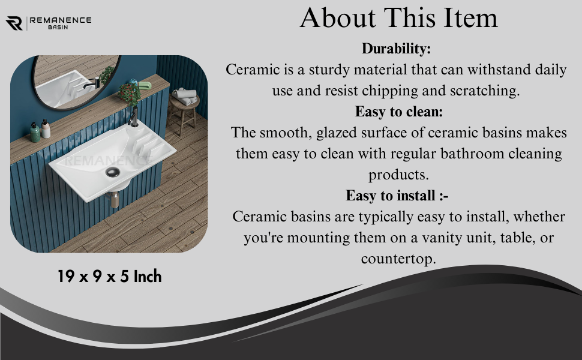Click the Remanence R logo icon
pyautogui.click(x=14, y=23)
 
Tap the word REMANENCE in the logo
pyautogui.click(x=61, y=20)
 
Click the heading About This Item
pyautogui.click(x=398, y=17)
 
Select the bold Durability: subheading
pyautogui.click(x=396, y=49)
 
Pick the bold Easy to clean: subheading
pyautogui.click(x=398, y=112)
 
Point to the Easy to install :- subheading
pyautogui.click(x=397, y=196)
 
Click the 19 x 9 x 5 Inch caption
pyautogui.click(x=109, y=277)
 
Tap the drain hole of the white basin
pyautogui.click(x=112, y=172)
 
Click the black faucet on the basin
pyautogui.click(x=133, y=116)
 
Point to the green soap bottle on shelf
pyautogui.click(x=35, y=133)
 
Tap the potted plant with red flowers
pyautogui.click(x=130, y=94)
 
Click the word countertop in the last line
pyautogui.click(x=398, y=259)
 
